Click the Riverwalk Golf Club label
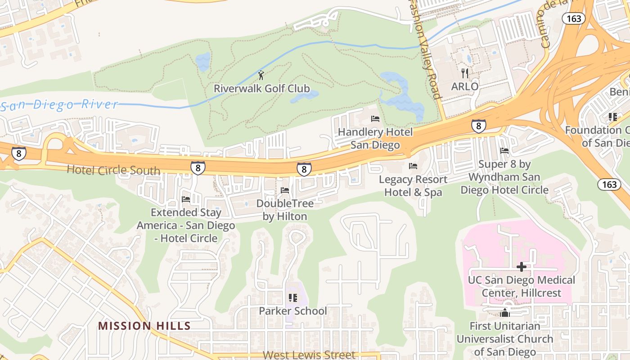[x=261, y=88]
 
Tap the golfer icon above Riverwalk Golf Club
[x=261, y=75]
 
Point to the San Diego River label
[x=59, y=105]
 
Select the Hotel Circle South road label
[x=113, y=170]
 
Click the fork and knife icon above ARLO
[x=465, y=73]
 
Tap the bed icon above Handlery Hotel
[x=375, y=119]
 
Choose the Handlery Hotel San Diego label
[x=375, y=138]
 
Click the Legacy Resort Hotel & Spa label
[x=413, y=185]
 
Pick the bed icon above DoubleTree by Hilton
[x=284, y=190]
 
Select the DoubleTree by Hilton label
[x=284, y=210]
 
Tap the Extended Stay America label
[x=186, y=225]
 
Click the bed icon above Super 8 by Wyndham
[x=504, y=151]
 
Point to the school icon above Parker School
[x=292, y=298]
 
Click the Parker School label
[x=292, y=311]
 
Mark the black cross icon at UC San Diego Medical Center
[x=522, y=267]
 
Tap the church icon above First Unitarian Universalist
[x=504, y=313]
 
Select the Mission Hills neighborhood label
[x=144, y=326]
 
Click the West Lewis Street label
[x=309, y=355]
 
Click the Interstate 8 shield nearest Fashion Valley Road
[x=478, y=126]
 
